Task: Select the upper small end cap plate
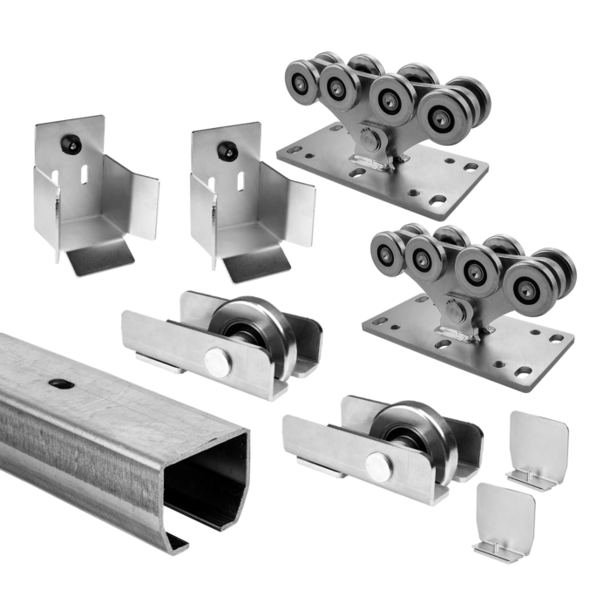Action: pos(538,443)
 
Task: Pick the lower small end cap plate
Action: pos(505,519)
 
